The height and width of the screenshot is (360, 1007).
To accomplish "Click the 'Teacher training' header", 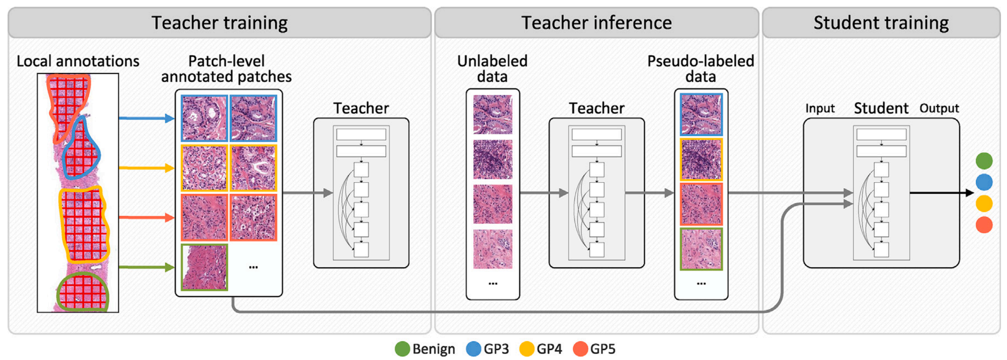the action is (219, 22).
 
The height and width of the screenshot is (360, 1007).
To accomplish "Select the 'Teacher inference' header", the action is (596, 22).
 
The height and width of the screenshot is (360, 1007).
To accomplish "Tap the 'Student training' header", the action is (881, 22).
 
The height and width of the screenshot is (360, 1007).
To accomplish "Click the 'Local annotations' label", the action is (78, 61).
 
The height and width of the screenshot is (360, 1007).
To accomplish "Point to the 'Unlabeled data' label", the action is (492, 69).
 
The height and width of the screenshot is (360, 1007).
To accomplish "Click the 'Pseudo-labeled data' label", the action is (700, 69).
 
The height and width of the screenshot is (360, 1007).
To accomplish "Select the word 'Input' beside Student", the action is (820, 108).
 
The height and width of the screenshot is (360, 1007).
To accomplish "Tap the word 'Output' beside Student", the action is (939, 108).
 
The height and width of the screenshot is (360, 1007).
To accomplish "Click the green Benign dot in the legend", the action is (402, 349).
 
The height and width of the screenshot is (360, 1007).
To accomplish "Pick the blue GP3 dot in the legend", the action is (473, 349).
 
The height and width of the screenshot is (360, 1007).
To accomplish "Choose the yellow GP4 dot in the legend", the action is (526, 349).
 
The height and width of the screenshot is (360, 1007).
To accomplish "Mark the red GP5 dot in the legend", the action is (580, 349).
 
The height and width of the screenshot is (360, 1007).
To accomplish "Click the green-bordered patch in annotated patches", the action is (204, 267).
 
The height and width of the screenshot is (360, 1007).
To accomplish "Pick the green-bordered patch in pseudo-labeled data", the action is (701, 249).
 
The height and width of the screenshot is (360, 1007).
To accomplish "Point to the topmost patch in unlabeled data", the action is (493, 114).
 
